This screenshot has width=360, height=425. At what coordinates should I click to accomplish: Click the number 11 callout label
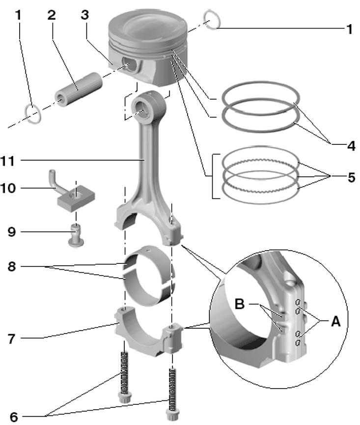[14, 161]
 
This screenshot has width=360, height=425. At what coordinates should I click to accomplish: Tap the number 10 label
[14, 188]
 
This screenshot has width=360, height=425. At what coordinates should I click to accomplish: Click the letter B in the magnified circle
[240, 304]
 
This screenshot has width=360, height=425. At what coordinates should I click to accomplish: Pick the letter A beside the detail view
[335, 321]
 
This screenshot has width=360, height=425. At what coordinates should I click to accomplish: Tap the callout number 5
[350, 176]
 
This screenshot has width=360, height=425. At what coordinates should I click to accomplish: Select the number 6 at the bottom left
[14, 417]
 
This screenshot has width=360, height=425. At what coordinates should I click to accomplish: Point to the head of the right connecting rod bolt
[173, 414]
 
